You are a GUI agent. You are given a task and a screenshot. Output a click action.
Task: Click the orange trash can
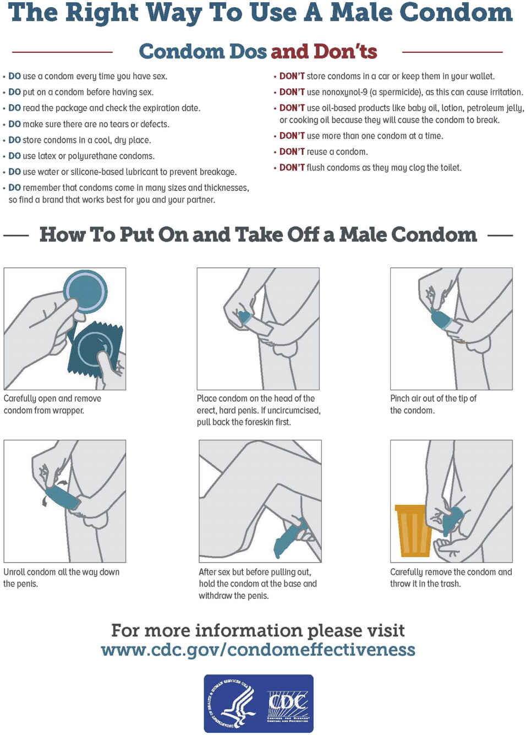pyautogui.click(x=413, y=531)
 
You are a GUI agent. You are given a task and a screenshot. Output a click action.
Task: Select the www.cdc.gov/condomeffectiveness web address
pyautogui.click(x=258, y=650)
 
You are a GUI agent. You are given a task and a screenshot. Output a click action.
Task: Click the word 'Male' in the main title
pyautogui.click(x=361, y=13)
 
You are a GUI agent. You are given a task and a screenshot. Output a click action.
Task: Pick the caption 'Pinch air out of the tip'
pyautogui.click(x=433, y=399)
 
